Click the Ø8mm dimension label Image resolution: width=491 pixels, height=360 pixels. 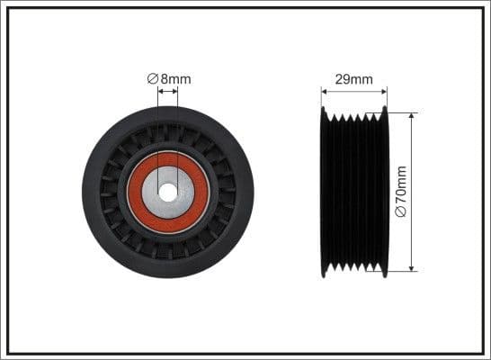click(x=169, y=79)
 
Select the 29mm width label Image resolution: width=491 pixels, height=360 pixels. click(x=354, y=79)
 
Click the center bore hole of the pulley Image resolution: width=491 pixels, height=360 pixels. click(x=168, y=192)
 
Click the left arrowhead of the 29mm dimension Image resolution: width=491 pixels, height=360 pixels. click(x=325, y=90)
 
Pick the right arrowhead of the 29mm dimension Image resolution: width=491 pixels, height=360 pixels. click(x=384, y=90)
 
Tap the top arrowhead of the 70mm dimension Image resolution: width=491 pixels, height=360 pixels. click(x=413, y=117)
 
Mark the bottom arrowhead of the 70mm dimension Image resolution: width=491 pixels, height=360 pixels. click(x=413, y=267)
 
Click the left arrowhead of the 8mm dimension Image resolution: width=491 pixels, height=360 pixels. click(x=161, y=90)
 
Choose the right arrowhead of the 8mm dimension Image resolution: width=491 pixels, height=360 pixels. click(x=175, y=90)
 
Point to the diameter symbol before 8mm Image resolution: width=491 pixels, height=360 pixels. click(x=152, y=79)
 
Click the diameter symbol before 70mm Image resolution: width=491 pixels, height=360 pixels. click(x=402, y=212)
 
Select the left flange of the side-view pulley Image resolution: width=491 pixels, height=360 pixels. click(x=324, y=192)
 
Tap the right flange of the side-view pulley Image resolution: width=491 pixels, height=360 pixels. click(x=385, y=192)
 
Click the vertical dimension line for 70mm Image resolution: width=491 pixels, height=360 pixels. click(x=413, y=153)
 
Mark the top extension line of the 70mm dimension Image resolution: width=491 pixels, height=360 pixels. click(x=402, y=113)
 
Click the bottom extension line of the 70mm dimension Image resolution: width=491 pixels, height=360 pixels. click(x=402, y=271)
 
